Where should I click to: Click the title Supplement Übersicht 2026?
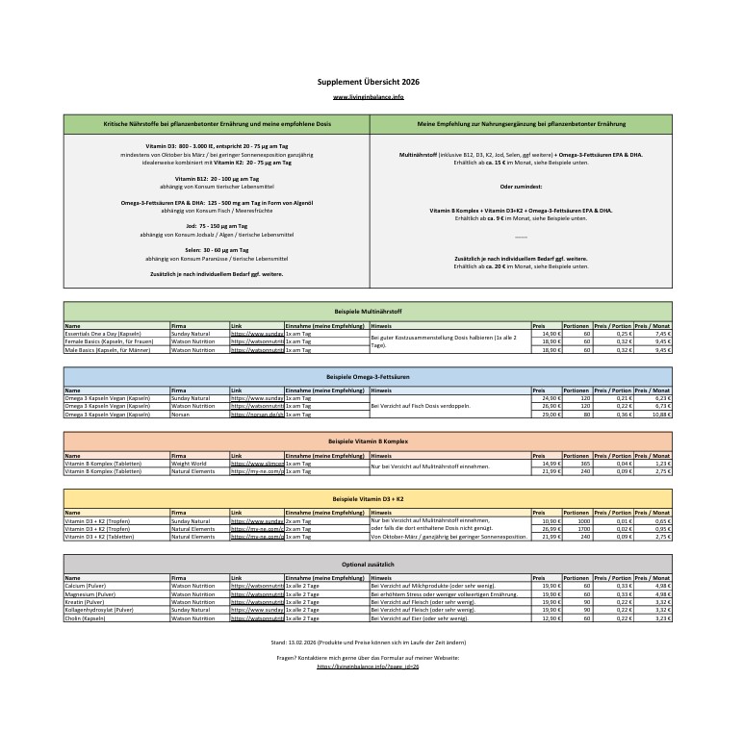tap(368, 82)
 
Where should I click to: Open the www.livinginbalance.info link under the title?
tap(368, 97)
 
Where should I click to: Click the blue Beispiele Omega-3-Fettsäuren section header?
tap(368, 377)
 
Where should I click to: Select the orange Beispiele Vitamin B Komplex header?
tap(368, 441)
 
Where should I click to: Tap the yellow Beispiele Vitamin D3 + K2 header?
tap(368, 500)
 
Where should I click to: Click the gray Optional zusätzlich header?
tap(368, 564)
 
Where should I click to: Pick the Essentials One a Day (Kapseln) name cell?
tap(103, 334)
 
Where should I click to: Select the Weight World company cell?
tap(189, 464)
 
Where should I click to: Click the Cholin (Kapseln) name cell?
tap(87, 617)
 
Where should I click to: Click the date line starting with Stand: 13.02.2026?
tap(368, 641)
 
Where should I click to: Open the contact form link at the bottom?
tap(368, 666)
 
